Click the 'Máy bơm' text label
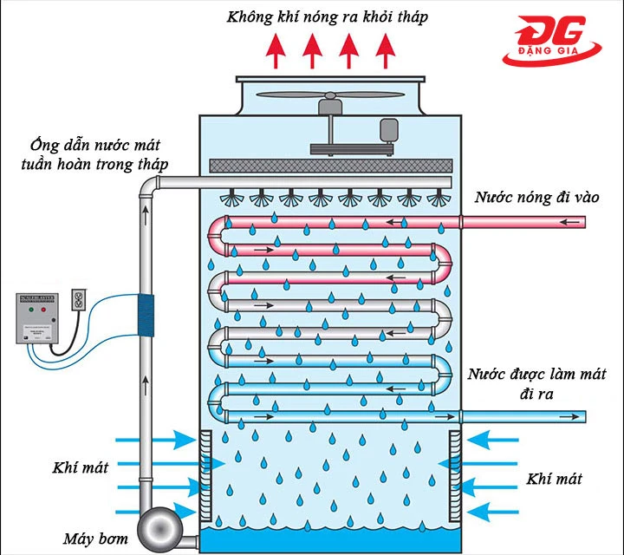(94, 539)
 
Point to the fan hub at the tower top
(330, 108)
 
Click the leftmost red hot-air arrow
(276, 52)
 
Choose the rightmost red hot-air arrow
(385, 52)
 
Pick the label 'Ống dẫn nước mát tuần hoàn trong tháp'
(87, 153)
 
